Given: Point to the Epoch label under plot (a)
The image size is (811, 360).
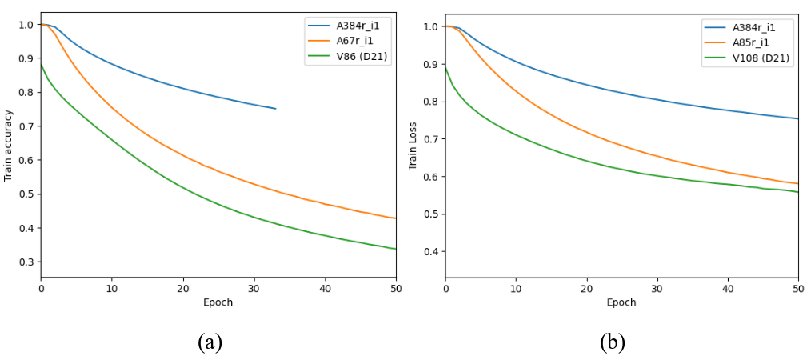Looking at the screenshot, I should tap(218, 302).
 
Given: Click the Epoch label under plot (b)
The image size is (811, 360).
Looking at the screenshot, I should tap(621, 302).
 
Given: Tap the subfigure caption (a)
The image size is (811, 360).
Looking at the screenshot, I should tap(210, 342).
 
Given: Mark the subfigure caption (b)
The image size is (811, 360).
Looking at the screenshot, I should tap(613, 342).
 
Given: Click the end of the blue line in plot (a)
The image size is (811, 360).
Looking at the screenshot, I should tap(275, 109).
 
